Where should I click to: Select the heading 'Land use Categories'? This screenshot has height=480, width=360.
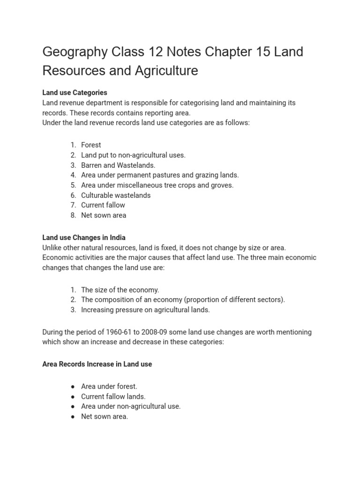(75, 92)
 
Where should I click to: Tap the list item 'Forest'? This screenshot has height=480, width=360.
(91, 145)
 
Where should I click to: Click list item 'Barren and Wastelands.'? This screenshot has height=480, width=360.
(118, 165)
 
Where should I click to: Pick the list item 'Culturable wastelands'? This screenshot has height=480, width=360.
(116, 195)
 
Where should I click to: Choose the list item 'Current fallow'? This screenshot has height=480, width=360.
(103, 205)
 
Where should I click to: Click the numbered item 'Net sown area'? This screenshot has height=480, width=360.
(104, 215)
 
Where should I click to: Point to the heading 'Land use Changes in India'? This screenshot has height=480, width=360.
(84, 238)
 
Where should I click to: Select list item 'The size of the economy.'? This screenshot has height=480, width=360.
(120, 290)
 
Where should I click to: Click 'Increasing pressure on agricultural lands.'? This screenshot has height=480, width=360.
(145, 310)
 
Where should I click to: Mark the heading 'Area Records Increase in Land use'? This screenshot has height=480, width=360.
(97, 364)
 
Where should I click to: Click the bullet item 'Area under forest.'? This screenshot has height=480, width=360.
(109, 386)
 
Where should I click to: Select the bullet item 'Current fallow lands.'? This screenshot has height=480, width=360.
(113, 397)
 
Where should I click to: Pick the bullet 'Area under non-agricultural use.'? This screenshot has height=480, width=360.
(131, 406)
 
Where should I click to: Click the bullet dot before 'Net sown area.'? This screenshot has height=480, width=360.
(73, 416)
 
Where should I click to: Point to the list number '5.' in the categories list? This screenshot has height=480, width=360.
(73, 185)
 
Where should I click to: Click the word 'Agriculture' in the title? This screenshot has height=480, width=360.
(167, 70)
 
